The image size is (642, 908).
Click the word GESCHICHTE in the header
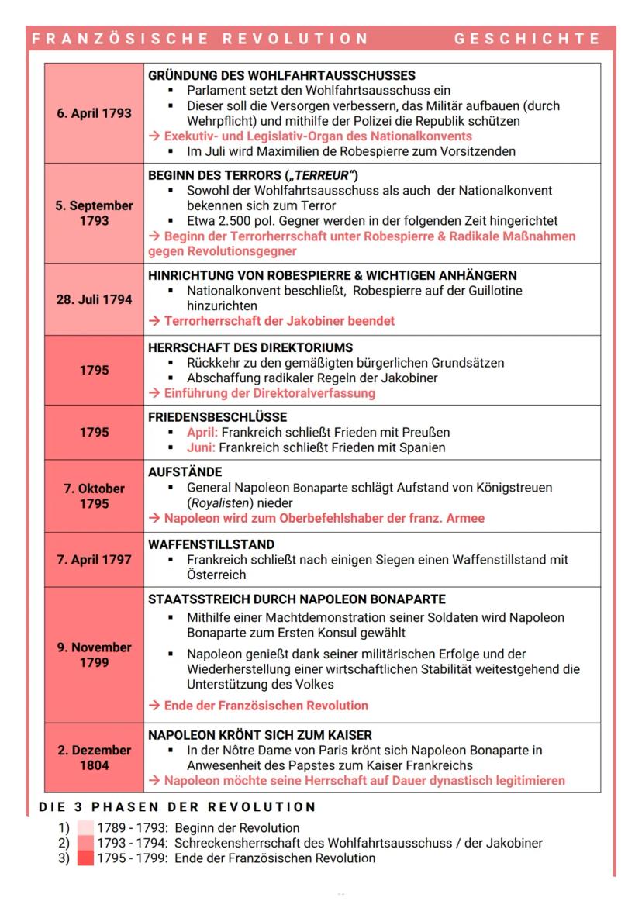(527, 39)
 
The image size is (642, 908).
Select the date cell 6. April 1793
(94, 113)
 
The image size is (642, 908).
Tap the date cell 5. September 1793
(94, 213)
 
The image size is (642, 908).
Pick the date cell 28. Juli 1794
(94, 299)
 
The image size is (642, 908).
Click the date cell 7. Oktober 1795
(94, 496)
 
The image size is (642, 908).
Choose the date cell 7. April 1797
(94, 559)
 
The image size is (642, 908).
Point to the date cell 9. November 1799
(94, 654)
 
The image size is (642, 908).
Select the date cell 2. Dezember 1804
(94, 758)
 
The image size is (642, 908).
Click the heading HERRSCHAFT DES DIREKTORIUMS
(250, 347)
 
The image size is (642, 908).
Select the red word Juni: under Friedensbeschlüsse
(201, 447)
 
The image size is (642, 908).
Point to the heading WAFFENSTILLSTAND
(211, 544)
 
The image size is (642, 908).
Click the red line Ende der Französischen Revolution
(258, 706)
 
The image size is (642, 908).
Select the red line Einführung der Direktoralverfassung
(261, 393)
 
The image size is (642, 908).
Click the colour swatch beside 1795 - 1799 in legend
(85, 858)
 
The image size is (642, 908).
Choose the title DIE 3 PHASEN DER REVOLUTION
(178, 806)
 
